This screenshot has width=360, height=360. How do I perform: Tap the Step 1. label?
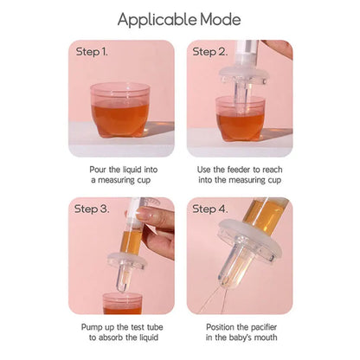91,51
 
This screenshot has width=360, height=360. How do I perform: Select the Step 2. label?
209,51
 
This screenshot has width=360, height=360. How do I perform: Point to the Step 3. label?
91,209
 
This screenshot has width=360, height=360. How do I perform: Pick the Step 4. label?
209,209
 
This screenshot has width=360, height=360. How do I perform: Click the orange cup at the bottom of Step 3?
122,304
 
